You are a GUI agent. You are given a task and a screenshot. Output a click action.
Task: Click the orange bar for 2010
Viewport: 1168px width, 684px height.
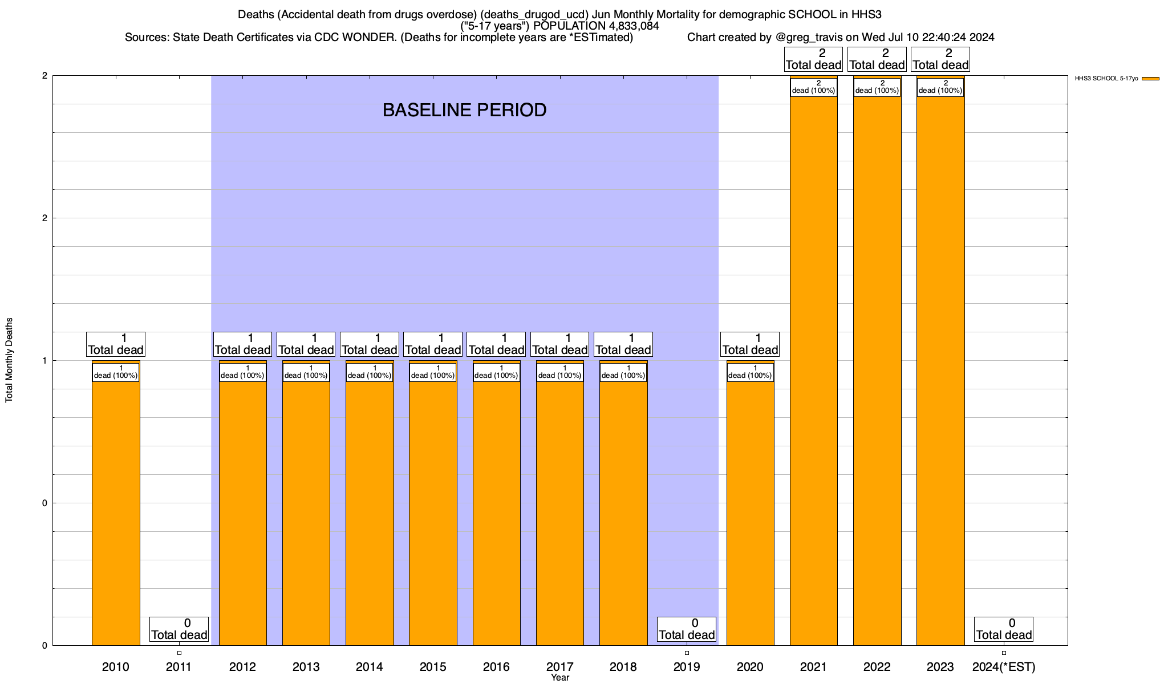click(116, 513)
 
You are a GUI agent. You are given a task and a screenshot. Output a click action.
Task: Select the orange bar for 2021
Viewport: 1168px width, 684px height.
click(813, 370)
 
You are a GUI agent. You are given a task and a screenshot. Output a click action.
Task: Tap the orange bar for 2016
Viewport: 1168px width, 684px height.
click(496, 513)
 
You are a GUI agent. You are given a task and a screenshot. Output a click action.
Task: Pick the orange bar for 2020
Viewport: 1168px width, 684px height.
click(750, 513)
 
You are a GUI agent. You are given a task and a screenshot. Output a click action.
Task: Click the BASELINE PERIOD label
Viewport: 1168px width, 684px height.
click(464, 110)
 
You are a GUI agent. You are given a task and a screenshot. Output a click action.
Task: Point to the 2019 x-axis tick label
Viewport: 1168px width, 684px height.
click(687, 667)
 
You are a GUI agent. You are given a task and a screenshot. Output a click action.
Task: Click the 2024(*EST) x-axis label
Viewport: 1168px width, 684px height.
click(1004, 667)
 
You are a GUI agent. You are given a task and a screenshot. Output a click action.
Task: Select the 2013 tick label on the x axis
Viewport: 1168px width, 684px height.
click(306, 667)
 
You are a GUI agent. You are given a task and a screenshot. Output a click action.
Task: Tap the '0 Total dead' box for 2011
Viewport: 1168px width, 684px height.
click(179, 629)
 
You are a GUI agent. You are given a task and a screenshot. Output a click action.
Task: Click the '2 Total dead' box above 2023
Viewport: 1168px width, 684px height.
click(940, 59)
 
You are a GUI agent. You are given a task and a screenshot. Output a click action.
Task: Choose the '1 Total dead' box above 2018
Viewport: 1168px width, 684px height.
click(623, 344)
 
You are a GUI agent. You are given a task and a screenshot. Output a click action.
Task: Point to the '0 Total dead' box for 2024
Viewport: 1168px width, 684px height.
click(1004, 629)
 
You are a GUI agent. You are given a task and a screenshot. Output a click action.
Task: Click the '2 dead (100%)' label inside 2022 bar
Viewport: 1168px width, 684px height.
click(877, 87)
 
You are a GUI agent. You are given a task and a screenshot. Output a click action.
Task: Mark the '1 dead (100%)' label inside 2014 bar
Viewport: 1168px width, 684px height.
click(370, 372)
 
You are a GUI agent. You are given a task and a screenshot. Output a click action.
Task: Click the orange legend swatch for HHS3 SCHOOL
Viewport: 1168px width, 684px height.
click(1150, 79)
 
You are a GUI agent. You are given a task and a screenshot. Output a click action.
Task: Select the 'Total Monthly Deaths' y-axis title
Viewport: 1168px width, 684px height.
click(9, 360)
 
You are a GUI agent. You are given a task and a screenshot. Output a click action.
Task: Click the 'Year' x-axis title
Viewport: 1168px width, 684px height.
click(560, 678)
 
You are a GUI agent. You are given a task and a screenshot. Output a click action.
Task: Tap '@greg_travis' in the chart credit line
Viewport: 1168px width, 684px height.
click(809, 38)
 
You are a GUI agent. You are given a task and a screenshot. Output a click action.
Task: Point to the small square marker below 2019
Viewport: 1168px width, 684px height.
click(687, 653)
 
